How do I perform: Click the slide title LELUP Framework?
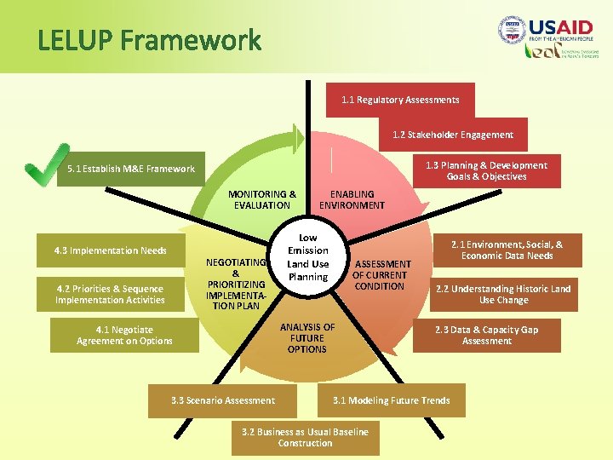(x=149, y=40)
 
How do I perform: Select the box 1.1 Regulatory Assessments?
(x=400, y=100)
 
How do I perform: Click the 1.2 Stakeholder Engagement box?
(x=453, y=135)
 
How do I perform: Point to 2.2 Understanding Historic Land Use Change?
(x=503, y=294)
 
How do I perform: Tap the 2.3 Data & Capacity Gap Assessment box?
(x=487, y=335)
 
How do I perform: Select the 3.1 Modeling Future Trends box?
(x=392, y=400)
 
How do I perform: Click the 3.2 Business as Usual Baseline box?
(x=305, y=437)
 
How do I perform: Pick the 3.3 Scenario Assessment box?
(x=223, y=400)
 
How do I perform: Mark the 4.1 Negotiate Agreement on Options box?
(x=124, y=335)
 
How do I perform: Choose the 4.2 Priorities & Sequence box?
(x=110, y=294)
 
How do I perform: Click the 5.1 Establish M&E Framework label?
(x=131, y=169)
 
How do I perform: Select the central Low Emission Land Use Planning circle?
(x=308, y=257)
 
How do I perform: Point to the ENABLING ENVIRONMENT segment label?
(x=352, y=199)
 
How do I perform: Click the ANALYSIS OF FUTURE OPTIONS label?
(x=306, y=338)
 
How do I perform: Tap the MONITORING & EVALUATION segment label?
(x=262, y=199)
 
